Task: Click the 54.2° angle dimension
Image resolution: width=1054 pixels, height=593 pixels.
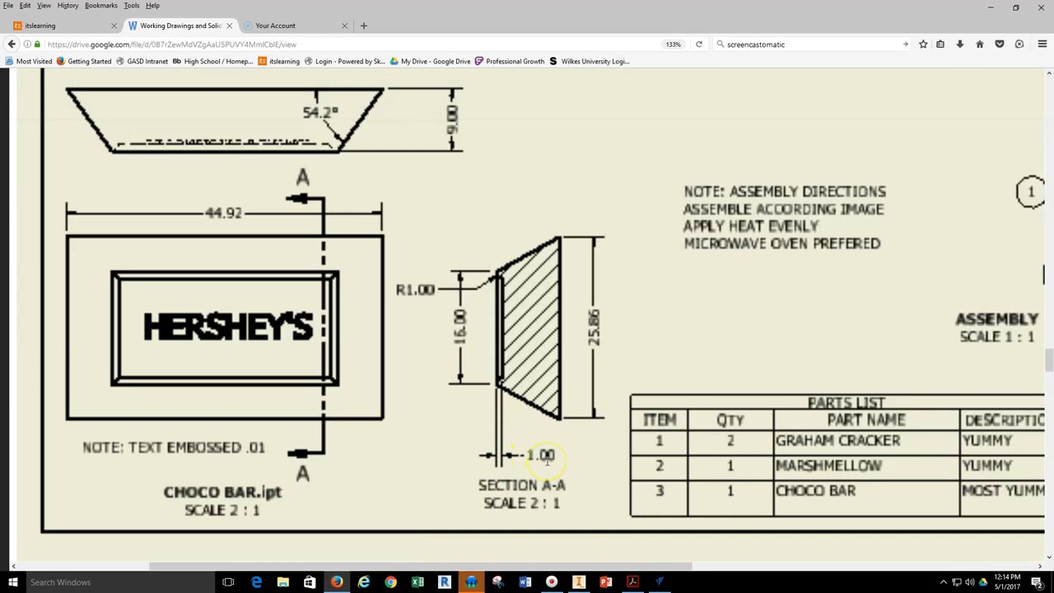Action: pyautogui.click(x=320, y=112)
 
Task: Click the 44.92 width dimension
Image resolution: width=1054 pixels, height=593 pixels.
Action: pyautogui.click(x=224, y=213)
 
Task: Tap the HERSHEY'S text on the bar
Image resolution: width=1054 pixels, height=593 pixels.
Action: pyautogui.click(x=228, y=327)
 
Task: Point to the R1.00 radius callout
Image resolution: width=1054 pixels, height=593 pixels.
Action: pyautogui.click(x=415, y=290)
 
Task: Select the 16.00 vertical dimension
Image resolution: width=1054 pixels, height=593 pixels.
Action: pyautogui.click(x=459, y=327)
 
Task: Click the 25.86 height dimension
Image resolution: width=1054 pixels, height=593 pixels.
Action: pyautogui.click(x=593, y=327)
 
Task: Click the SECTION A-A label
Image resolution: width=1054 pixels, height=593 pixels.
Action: pyautogui.click(x=521, y=485)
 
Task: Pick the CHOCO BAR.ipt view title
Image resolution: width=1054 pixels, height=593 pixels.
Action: pyautogui.click(x=222, y=492)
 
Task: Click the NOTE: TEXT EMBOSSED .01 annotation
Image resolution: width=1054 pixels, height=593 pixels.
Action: pyautogui.click(x=174, y=447)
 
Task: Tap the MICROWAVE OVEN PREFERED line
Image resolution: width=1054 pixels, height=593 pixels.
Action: pyautogui.click(x=781, y=244)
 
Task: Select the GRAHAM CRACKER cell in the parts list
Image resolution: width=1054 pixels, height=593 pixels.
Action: pyautogui.click(x=837, y=441)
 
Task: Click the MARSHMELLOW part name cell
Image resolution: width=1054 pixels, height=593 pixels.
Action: pyautogui.click(x=828, y=466)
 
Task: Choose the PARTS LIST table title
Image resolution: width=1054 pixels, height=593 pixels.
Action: pyautogui.click(x=846, y=403)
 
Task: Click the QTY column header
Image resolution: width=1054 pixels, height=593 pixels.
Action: pyautogui.click(x=730, y=420)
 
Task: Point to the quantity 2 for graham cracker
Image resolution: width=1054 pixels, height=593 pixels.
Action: pyautogui.click(x=730, y=441)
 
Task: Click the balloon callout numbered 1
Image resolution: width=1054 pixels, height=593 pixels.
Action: pyautogui.click(x=1030, y=192)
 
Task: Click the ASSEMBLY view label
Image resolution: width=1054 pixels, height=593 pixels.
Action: pyautogui.click(x=996, y=319)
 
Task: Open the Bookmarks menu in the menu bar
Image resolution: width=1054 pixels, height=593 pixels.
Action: pyautogui.click(x=100, y=6)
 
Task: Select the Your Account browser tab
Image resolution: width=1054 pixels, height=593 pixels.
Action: pyautogui.click(x=275, y=26)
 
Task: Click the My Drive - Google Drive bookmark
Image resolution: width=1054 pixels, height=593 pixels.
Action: pyautogui.click(x=435, y=61)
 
